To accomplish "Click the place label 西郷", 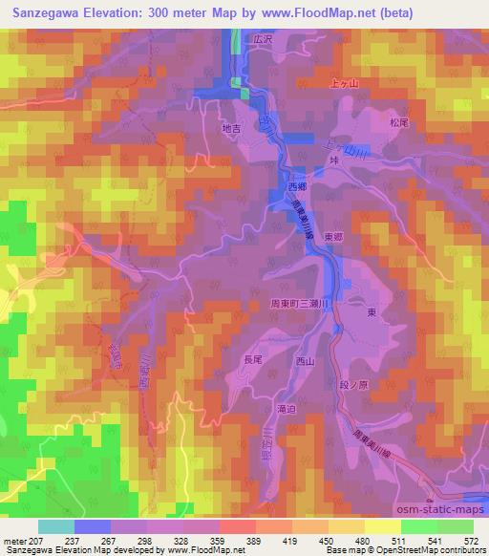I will tap(298, 187).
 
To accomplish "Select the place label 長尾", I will tap(251, 360).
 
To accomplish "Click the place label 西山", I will tap(305, 361).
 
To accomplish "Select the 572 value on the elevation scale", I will tap(473, 542).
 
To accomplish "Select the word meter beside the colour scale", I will tap(14, 542).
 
